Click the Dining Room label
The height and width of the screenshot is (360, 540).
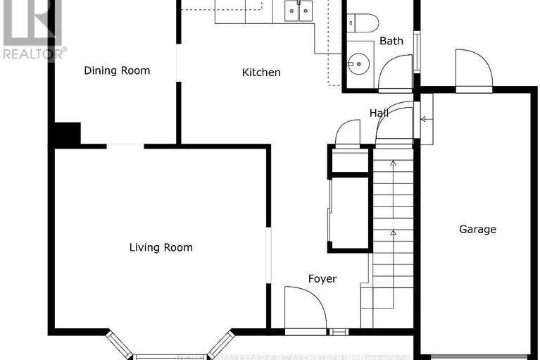pos(117,70)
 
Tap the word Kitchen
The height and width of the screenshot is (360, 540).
pos(261,73)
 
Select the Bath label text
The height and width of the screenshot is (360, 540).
pos(391,41)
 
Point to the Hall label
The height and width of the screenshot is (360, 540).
pos(379,113)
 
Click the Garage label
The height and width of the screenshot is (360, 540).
pos(477,229)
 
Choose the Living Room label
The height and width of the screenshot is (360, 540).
pos(161,247)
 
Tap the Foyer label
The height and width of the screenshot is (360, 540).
pos(322,278)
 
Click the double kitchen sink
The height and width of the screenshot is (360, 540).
pos(299,10)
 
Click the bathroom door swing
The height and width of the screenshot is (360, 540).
pos(395,74)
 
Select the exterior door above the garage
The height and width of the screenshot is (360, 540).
pos(472,70)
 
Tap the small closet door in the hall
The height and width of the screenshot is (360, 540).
pos(348,134)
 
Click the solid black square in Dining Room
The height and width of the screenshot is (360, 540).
pos(68,134)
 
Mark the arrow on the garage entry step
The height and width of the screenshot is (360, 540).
pos(422,119)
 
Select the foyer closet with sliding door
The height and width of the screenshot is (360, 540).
pos(348,213)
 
